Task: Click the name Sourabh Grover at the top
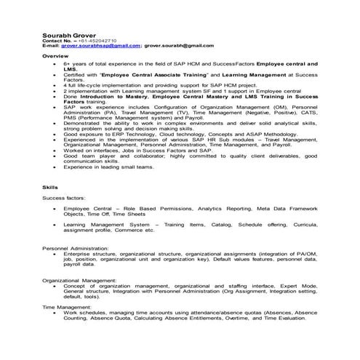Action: click(68, 33)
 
